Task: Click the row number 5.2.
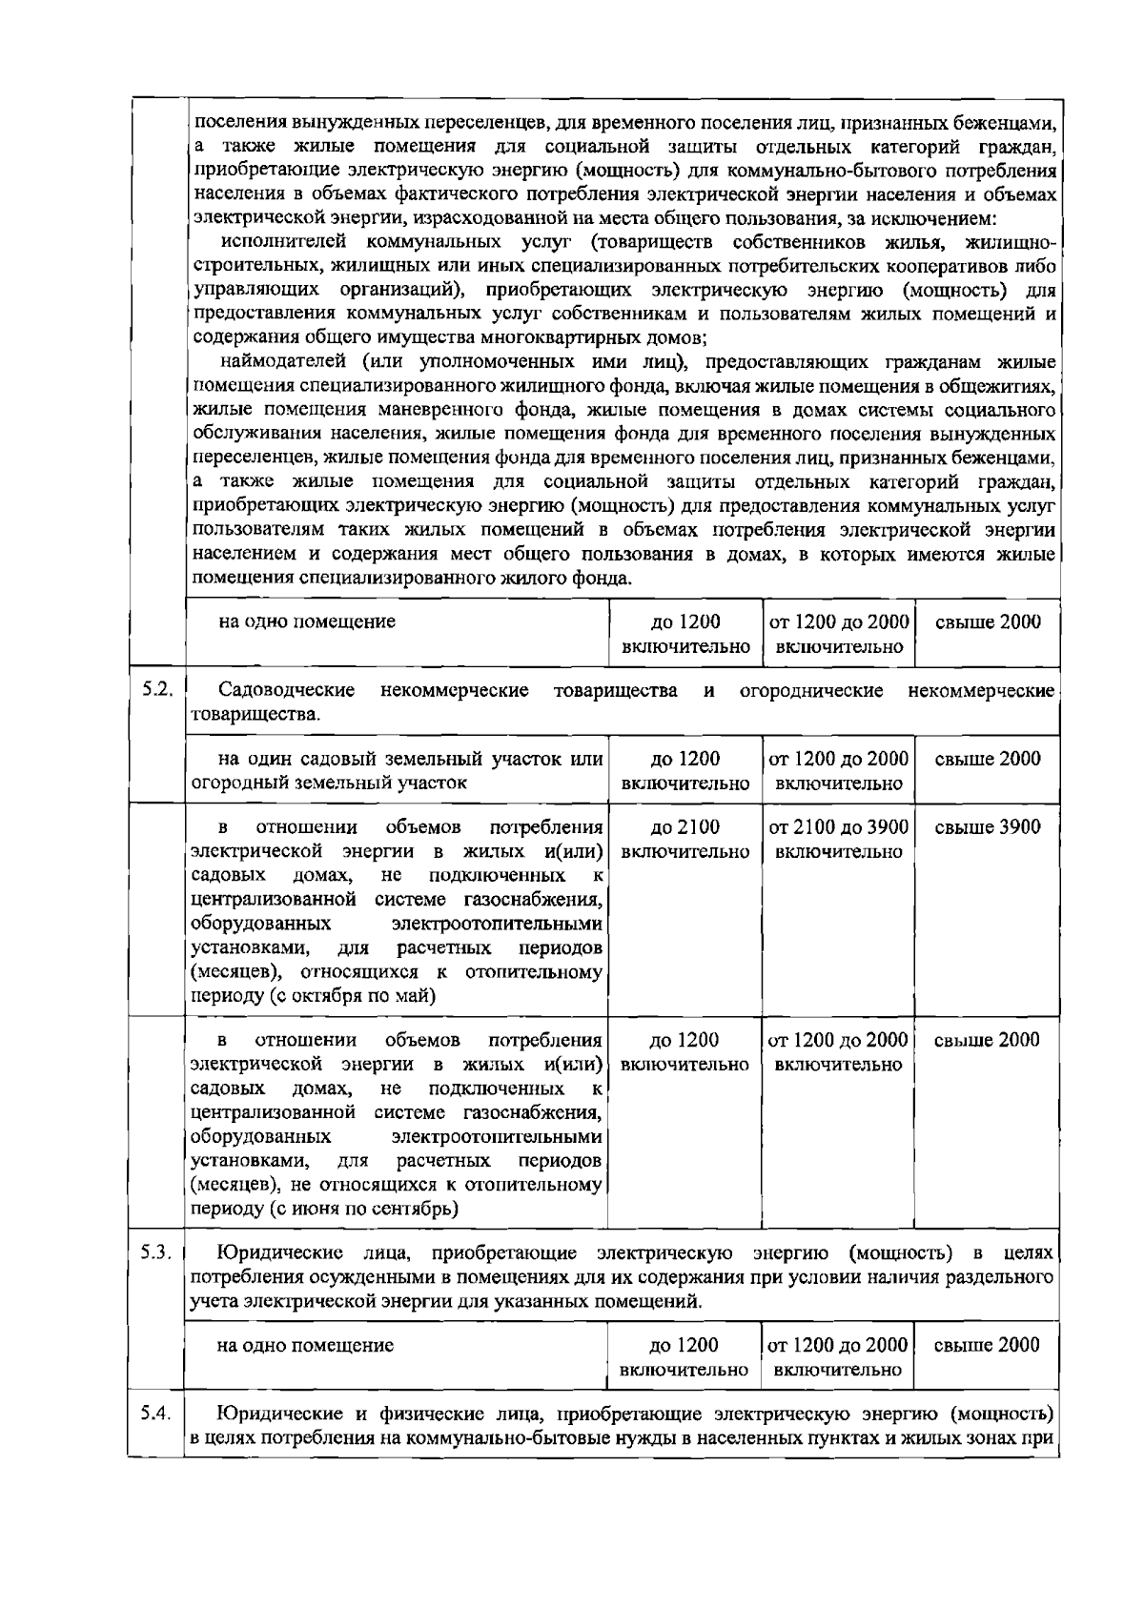(x=155, y=689)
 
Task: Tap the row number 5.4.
(x=155, y=1414)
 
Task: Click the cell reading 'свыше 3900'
(x=987, y=827)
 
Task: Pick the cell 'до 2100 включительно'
(x=684, y=839)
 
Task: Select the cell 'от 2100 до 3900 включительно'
(x=838, y=839)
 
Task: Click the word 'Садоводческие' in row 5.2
(x=286, y=689)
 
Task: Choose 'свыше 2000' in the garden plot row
(x=987, y=760)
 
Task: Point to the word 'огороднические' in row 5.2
(x=810, y=689)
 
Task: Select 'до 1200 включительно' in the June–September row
(x=684, y=1051)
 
